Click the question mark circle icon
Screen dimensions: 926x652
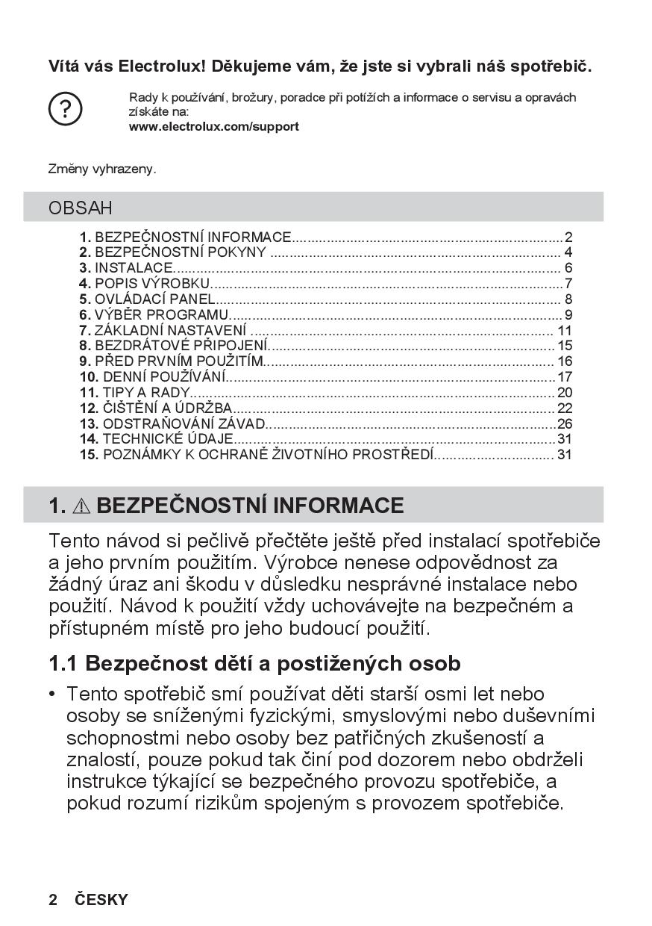coord(65,110)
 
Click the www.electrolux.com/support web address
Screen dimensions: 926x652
coord(214,127)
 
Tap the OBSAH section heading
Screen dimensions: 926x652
coord(81,208)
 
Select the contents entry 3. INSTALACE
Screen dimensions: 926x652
coord(127,268)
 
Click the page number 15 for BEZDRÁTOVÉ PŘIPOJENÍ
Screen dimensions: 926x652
coord(565,346)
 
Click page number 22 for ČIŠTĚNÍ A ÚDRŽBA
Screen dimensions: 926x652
coord(565,408)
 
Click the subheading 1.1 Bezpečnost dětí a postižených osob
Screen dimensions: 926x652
coord(254,662)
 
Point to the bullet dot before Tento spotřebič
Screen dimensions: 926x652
coord(53,694)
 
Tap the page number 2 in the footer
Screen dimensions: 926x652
coord(53,900)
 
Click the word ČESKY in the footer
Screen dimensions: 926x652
coord(101,900)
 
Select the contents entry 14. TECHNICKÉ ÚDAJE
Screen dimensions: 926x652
coord(157,439)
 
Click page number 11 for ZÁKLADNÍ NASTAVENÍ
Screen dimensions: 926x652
coord(565,330)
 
